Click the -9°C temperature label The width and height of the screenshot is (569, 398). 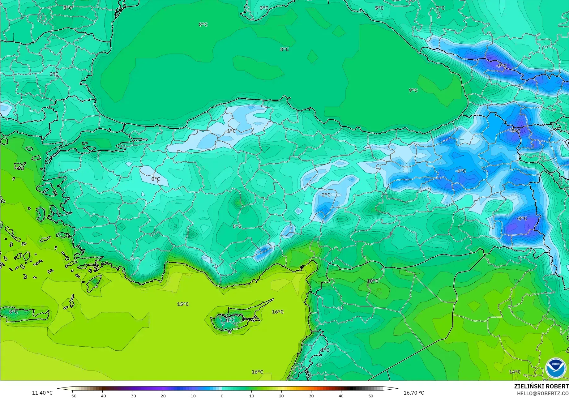[x=501, y=66]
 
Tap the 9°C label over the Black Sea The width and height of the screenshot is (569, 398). [x=413, y=90]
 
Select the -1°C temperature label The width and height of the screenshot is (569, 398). [x=230, y=131]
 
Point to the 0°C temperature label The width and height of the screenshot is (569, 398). [x=156, y=179]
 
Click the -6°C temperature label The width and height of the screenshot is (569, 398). [x=460, y=171]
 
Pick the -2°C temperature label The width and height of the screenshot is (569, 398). [x=325, y=195]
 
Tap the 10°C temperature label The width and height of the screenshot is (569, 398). [x=372, y=281]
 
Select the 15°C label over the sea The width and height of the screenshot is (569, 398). [x=183, y=304]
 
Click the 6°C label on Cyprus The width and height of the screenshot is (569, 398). [x=230, y=320]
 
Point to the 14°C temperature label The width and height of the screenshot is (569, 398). [x=515, y=372]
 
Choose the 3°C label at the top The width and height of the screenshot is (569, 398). [x=264, y=8]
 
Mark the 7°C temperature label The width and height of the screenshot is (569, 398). [x=440, y=8]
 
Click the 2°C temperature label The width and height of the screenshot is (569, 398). [x=54, y=74]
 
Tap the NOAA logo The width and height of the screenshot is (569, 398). [x=556, y=368]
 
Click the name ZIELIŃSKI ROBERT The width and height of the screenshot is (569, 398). [x=541, y=386]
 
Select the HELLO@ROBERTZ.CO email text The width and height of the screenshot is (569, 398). [x=543, y=393]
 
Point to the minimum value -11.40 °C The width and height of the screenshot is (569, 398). [x=41, y=393]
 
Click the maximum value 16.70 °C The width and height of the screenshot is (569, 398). [x=414, y=393]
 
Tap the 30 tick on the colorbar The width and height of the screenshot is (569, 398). [x=311, y=396]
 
